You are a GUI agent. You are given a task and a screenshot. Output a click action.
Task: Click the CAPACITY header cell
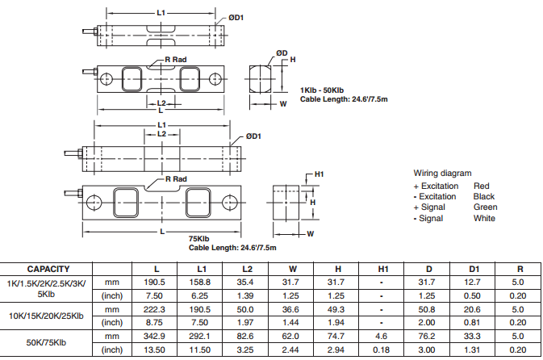tap(48, 269)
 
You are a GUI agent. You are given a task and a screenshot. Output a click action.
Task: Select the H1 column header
tap(383, 269)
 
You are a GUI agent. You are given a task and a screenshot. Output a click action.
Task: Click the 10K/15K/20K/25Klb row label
tap(48, 316)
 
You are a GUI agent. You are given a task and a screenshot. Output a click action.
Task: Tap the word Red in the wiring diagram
tap(481, 186)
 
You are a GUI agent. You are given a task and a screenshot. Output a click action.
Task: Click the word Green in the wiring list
tap(485, 207)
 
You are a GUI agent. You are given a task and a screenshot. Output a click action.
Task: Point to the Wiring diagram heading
tap(442, 174)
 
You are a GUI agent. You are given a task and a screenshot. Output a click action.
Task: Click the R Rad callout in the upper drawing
tap(175, 61)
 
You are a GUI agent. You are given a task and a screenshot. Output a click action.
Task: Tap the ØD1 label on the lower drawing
tap(253, 136)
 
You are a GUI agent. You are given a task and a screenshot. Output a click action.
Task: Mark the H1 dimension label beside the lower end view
tap(319, 174)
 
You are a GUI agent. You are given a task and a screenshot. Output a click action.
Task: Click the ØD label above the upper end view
tap(281, 53)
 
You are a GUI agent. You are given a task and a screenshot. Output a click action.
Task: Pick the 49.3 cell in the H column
tap(338, 310)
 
